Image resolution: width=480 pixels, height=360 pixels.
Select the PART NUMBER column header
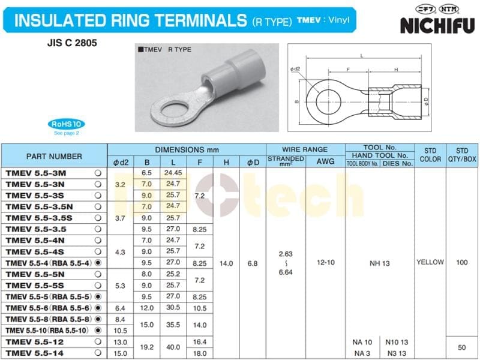tap(54, 156)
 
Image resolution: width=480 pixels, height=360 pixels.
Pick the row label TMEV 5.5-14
tap(45, 353)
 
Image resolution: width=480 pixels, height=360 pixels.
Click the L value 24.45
tap(173, 173)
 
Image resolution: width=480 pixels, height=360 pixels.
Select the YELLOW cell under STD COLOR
tap(430, 262)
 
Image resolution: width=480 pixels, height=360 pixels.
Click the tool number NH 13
tap(379, 263)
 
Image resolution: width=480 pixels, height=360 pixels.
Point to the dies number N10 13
tap(396, 342)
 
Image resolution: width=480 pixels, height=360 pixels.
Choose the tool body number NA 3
tap(363, 353)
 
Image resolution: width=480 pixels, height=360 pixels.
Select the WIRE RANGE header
tap(305, 149)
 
